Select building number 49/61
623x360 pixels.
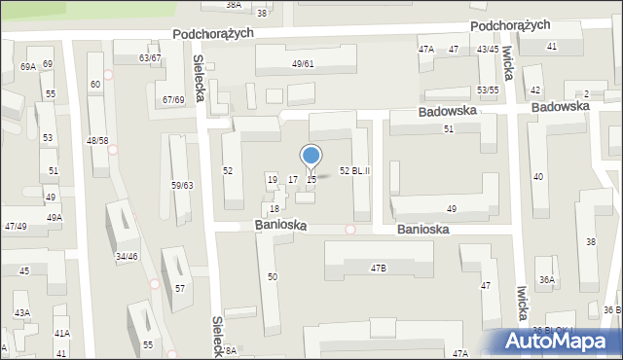coord(303,64)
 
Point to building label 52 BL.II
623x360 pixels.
coord(354,170)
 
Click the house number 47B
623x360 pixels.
coord(378,267)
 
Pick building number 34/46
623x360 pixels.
coord(127,257)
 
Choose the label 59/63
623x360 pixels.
coord(182,185)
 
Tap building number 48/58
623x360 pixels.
coord(97,141)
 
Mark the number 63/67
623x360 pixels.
coord(150,58)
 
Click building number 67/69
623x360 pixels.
coord(173,100)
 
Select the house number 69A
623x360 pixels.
coord(27,66)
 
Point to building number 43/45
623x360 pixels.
coord(488,49)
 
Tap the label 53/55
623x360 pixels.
coord(488,90)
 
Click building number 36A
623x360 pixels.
coord(547,280)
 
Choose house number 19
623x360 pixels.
coord(272,180)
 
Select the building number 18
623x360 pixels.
coord(275,209)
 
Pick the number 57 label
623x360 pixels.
coord(180,289)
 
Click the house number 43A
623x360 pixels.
coord(21,313)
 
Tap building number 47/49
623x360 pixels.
coord(15,226)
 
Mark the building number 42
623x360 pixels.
coord(535,90)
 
